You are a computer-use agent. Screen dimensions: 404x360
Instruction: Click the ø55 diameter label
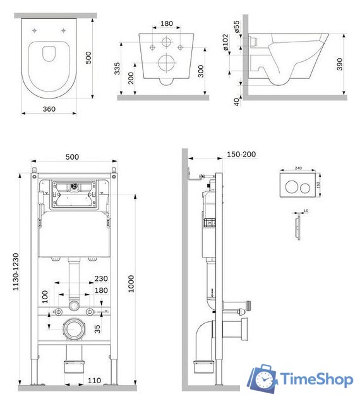[x=236, y=26]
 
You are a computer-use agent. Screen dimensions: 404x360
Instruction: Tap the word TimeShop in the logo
[x=315, y=379]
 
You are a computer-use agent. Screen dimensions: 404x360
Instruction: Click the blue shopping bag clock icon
[x=263, y=378]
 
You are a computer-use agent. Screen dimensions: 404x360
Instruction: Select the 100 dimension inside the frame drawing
[x=44, y=297]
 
